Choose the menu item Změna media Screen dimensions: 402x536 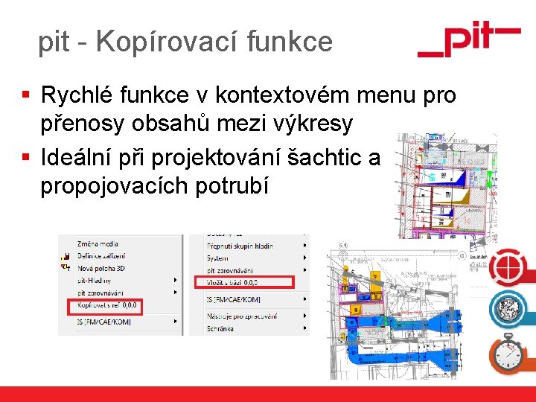point(98,243)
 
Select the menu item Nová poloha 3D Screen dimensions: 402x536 point(103,268)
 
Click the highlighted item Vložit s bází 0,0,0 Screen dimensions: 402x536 point(233,282)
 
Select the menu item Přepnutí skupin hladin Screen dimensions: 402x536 point(240,245)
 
